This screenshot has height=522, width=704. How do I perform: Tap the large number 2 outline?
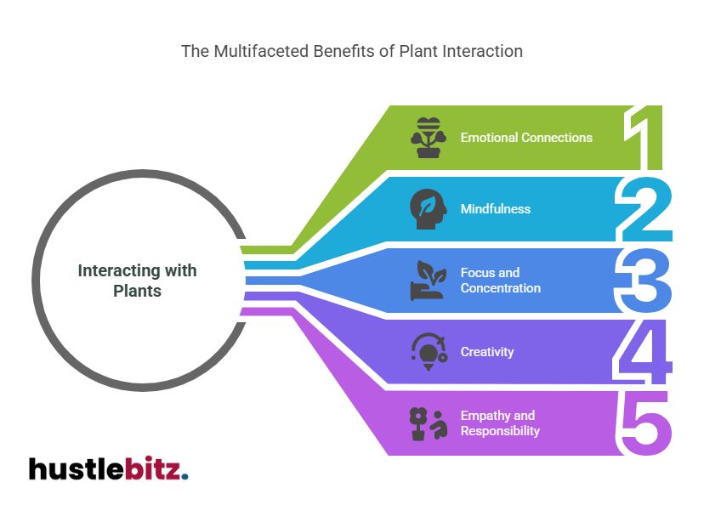pyautogui.click(x=643, y=210)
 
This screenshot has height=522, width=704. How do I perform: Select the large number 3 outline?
pyautogui.click(x=643, y=281)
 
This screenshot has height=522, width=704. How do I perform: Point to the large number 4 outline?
pyautogui.click(x=644, y=352)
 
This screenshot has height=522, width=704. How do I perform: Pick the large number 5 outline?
pyautogui.click(x=644, y=423)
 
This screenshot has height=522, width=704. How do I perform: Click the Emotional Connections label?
pyautogui.click(x=526, y=138)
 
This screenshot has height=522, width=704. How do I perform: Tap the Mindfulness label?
pyautogui.click(x=495, y=209)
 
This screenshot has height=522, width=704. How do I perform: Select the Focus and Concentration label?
pyautogui.click(x=501, y=281)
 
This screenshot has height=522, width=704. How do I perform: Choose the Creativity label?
pyautogui.click(x=487, y=352)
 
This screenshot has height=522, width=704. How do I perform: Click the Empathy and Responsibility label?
pyautogui.click(x=500, y=423)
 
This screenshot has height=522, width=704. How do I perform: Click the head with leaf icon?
pyautogui.click(x=427, y=209)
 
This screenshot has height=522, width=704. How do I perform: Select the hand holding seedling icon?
pyautogui.click(x=427, y=281)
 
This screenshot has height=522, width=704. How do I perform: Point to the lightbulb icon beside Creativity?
pyautogui.click(x=427, y=352)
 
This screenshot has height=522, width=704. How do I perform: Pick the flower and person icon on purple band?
pyautogui.click(x=427, y=423)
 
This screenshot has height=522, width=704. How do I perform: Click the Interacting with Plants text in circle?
pyautogui.click(x=137, y=281)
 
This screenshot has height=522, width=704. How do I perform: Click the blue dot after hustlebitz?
pyautogui.click(x=185, y=476)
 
